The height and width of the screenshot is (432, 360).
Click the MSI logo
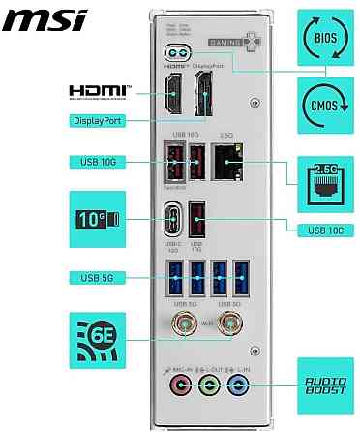(44, 18)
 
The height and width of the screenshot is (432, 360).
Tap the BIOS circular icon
(324, 39)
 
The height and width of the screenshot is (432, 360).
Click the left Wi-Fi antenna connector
(181, 324)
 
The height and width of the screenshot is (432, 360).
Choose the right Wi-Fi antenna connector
(231, 324)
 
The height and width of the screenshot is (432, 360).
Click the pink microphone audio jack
(178, 386)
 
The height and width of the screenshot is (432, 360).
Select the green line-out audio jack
(206, 386)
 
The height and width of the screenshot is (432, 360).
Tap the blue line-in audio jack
(234, 386)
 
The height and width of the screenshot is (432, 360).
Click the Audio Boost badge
(324, 381)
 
